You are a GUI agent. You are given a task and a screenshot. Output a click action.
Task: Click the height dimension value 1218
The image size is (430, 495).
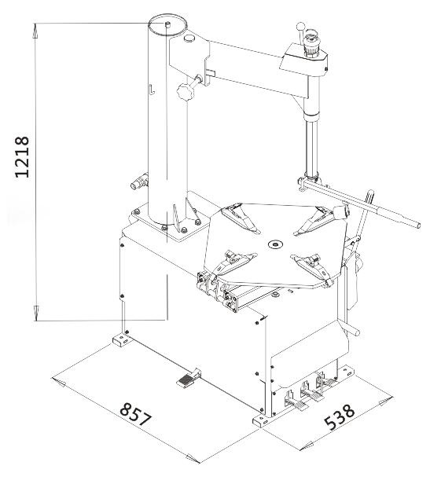click(x=22, y=157)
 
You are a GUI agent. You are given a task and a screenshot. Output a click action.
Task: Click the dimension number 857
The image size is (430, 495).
click(x=136, y=414)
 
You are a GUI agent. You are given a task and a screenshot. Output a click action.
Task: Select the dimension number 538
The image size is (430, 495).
click(x=340, y=417)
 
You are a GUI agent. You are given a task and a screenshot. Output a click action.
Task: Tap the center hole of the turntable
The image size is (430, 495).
click(x=275, y=244)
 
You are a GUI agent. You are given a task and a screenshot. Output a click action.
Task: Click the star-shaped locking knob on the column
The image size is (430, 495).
click(x=186, y=91)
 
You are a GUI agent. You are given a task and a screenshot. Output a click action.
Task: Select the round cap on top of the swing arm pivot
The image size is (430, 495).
click(x=189, y=38)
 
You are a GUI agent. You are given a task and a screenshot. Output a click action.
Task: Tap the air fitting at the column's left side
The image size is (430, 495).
click(x=139, y=181)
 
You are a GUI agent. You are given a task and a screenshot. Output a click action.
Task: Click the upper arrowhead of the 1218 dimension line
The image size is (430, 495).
click(x=35, y=31)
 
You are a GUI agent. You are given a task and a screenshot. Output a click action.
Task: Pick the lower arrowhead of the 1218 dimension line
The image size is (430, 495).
click(x=36, y=313)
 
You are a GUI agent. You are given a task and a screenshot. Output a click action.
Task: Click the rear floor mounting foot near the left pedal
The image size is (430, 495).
click(x=120, y=340)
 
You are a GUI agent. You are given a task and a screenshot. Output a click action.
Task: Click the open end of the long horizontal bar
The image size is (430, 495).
click(x=417, y=225)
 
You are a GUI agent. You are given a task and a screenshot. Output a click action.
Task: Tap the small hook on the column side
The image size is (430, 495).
click(x=152, y=89)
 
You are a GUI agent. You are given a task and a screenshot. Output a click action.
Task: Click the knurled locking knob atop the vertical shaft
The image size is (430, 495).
click(x=312, y=44)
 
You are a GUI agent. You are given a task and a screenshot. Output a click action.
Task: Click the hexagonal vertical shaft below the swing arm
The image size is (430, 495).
click(x=312, y=149)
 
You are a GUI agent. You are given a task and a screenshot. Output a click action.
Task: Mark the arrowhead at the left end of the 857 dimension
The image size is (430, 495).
click(x=59, y=383)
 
